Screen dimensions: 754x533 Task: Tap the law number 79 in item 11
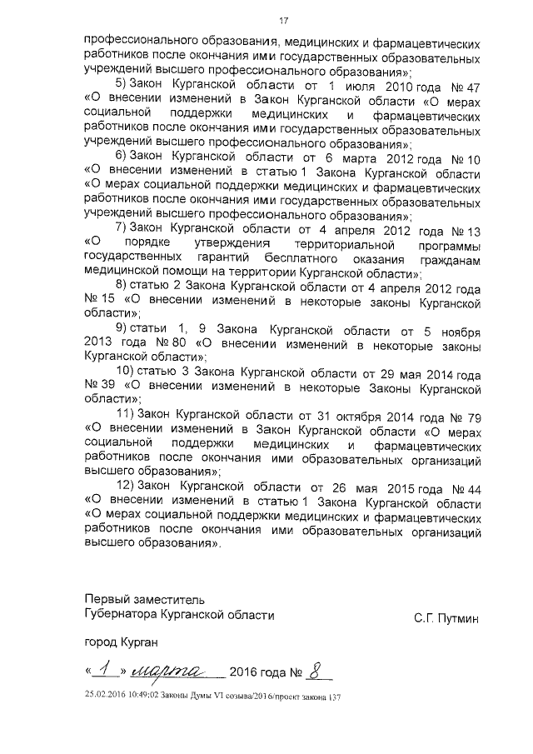click(474, 416)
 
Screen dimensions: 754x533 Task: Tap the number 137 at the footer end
click(335, 697)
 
